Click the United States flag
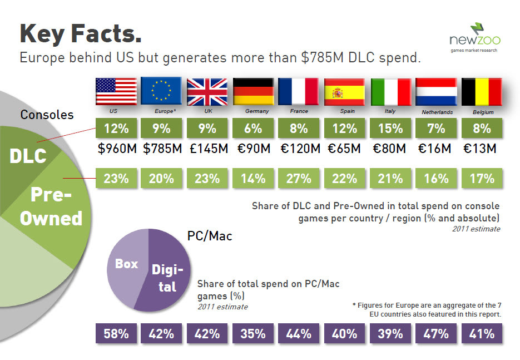pos(116,92)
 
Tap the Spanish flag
pos(345,92)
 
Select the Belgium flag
pos(482,92)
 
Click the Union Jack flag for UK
pos(207,92)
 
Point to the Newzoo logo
pos(475,38)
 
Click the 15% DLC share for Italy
pos(390,129)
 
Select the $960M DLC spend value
pos(116,149)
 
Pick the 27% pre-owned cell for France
pos(299,179)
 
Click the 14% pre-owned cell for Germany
pos(253,179)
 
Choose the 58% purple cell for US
pos(116,334)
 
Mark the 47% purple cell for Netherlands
pos(436,334)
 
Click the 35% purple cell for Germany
pos(253,334)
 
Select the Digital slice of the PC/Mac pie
pos(167,278)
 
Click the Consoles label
pos(47,115)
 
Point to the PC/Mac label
pos(210,236)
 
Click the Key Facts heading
pos(81,33)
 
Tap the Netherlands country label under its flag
pos(437,112)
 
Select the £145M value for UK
pos(207,149)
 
